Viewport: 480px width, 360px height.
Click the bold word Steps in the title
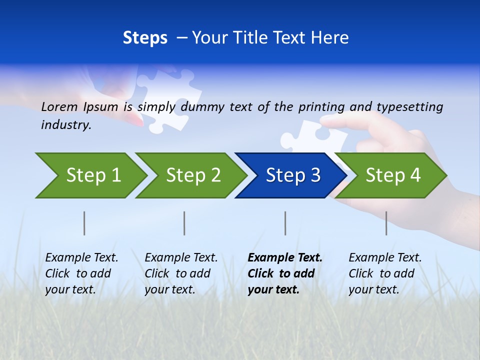tap(145, 38)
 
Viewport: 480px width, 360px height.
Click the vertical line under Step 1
tap(84, 223)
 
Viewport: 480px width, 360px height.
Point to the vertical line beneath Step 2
tap(184, 223)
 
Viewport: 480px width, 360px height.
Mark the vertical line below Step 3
tap(285, 223)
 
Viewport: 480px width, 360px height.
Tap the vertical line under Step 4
tap(386, 223)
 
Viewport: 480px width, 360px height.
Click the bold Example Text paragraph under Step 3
tap(284, 273)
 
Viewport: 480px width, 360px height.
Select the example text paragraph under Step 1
tap(81, 273)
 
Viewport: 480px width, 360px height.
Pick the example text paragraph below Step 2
tap(180, 273)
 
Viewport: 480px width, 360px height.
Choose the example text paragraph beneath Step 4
tap(384, 273)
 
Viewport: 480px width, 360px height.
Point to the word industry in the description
tap(65, 125)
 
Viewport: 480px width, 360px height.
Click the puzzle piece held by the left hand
tap(167, 97)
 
